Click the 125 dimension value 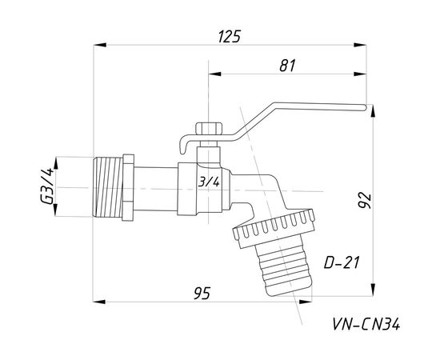click(x=230, y=37)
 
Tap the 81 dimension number click(x=288, y=66)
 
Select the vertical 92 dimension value click(x=365, y=200)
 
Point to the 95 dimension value click(x=202, y=294)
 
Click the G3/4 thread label click(x=46, y=186)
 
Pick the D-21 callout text click(x=342, y=263)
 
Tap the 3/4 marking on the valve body click(x=209, y=182)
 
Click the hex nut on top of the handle click(x=209, y=128)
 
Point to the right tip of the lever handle click(x=366, y=107)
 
